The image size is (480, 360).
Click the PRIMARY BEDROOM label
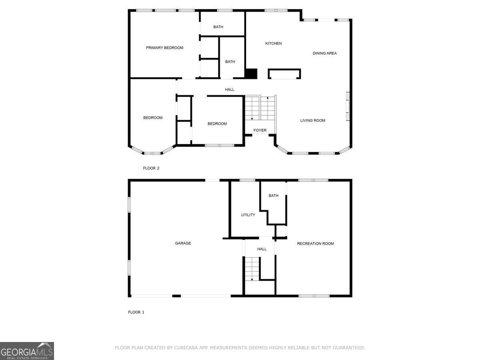coord(164,48)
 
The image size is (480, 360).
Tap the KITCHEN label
coord(274,44)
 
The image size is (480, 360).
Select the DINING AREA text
coord(324,53)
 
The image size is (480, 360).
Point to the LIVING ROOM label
coord(312,120)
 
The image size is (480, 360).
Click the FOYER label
coord(260,130)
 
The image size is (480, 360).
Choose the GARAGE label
coord(183,243)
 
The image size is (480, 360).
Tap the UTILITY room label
coord(248,215)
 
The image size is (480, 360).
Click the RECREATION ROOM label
coord(315,244)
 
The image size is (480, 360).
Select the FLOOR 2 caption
coord(151,168)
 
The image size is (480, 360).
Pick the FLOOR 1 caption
coord(136,312)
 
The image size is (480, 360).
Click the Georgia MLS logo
coord(27,351)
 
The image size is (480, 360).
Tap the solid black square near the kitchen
coord(251,74)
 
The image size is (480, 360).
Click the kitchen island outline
coord(284,74)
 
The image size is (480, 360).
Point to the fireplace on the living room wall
coord(348,106)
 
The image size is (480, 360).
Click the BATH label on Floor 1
coord(274,196)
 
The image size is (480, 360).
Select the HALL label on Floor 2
coord(230,90)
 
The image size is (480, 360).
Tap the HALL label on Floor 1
coord(262,249)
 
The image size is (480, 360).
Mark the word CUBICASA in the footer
coord(187,348)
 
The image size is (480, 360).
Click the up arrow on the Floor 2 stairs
coord(268,98)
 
